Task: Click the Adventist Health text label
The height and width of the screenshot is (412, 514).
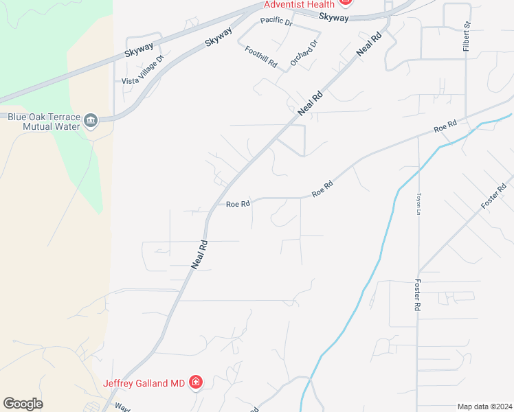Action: tap(300, 4)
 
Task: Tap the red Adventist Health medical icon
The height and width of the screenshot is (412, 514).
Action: tap(346, 2)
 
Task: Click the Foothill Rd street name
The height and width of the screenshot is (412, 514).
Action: tap(260, 57)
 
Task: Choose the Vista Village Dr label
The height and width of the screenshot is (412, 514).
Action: tap(143, 72)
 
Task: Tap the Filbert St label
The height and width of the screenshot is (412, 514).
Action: tap(467, 34)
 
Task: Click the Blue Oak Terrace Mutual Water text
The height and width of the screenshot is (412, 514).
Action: tap(42, 122)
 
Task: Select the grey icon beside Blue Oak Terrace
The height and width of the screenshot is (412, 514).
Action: tap(91, 122)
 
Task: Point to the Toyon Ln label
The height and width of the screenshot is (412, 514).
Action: tap(417, 203)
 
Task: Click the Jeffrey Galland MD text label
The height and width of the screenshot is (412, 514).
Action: tap(144, 383)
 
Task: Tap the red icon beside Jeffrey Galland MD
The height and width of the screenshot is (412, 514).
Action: tap(196, 382)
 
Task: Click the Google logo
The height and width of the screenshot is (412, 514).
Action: tap(23, 404)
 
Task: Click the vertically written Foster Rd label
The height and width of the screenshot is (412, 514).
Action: tap(416, 295)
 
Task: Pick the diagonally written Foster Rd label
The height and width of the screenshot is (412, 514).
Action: tap(493, 196)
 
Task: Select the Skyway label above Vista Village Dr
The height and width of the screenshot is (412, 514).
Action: tap(140, 51)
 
